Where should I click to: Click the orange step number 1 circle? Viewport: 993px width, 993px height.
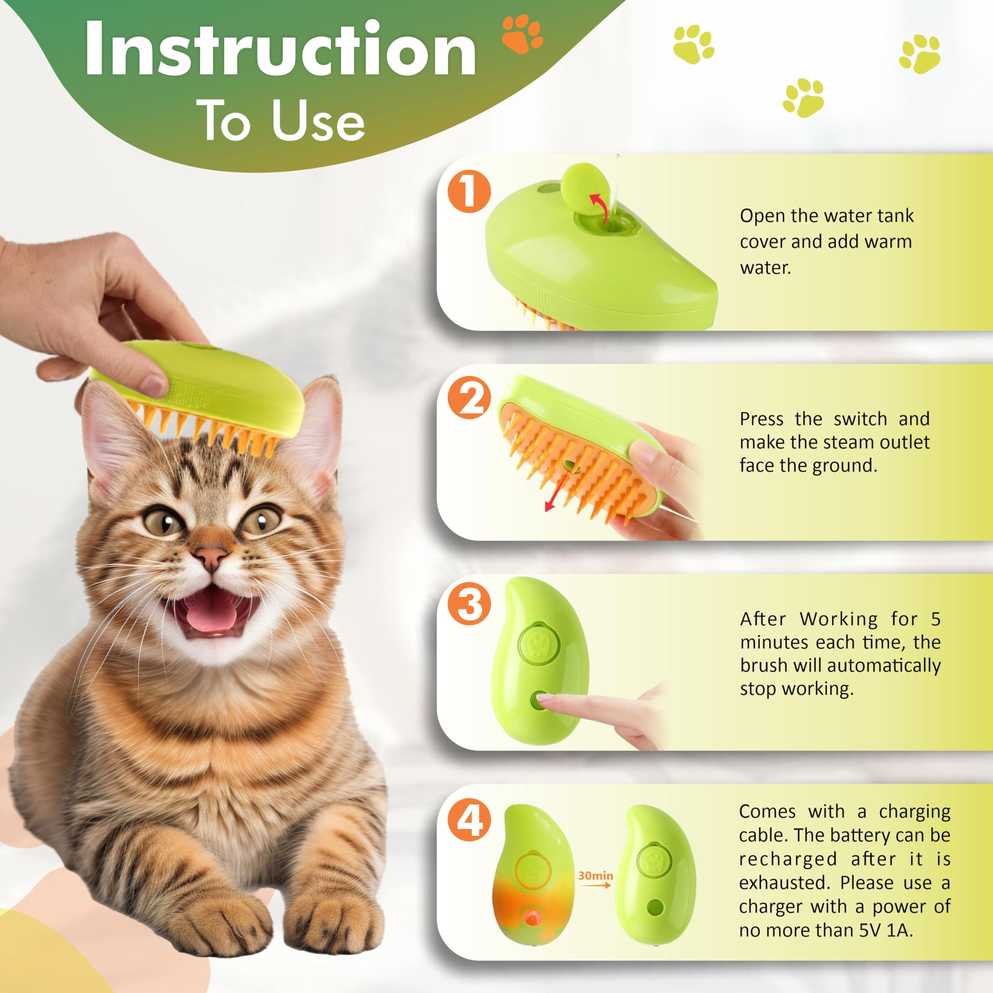(469, 192)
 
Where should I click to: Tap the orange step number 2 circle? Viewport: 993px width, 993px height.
(469, 400)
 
